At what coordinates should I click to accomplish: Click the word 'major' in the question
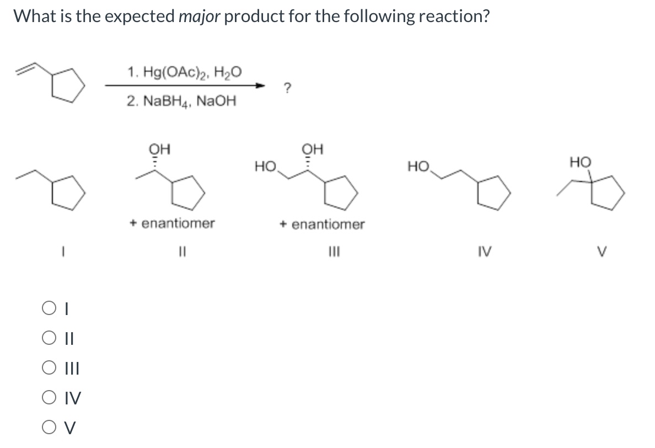tap(200, 17)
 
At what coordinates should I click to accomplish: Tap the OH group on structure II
tap(160, 150)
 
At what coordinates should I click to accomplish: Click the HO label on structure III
tap(266, 166)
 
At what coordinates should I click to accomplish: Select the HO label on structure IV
tap(418, 166)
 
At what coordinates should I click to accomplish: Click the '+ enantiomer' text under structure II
tap(173, 223)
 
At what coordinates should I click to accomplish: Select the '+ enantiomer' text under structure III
tap(322, 225)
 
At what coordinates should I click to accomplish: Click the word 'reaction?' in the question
tap(454, 17)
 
